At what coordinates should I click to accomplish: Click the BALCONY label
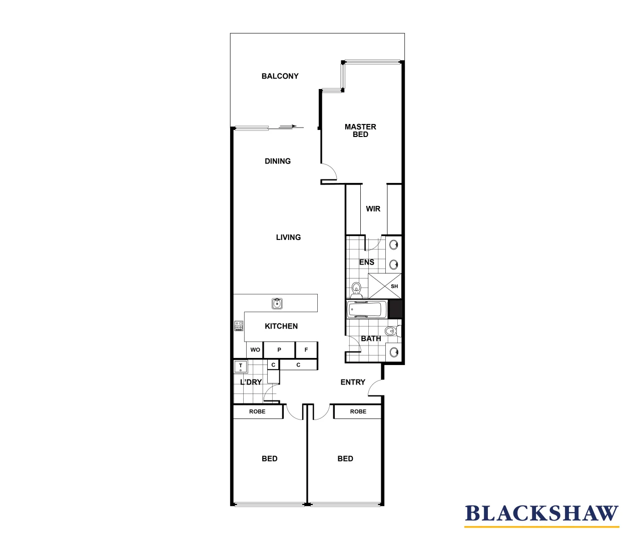pos(280,76)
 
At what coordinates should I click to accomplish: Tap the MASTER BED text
pos(360,130)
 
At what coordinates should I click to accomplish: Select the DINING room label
pos(278,161)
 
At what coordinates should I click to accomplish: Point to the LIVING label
pos(288,237)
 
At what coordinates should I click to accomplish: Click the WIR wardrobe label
pos(373,209)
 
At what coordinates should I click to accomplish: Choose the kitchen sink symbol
pos(277,303)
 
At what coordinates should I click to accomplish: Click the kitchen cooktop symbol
pos(239,326)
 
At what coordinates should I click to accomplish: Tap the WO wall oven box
pos(255,349)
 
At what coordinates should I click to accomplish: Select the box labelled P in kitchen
pos(279,349)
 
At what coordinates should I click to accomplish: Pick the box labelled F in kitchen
pos(306,349)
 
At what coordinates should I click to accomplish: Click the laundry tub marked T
pos(241,366)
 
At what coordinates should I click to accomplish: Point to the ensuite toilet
pos(356,288)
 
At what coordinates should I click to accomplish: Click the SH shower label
pos(394,286)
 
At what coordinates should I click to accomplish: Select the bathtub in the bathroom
pos(367,309)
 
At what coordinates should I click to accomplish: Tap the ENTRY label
pos(353,382)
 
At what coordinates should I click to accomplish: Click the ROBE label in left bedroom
pos(257,411)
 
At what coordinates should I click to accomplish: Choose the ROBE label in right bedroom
pos(358,411)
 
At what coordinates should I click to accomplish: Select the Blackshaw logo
pos(541,514)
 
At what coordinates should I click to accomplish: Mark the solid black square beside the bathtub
pos(395,309)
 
